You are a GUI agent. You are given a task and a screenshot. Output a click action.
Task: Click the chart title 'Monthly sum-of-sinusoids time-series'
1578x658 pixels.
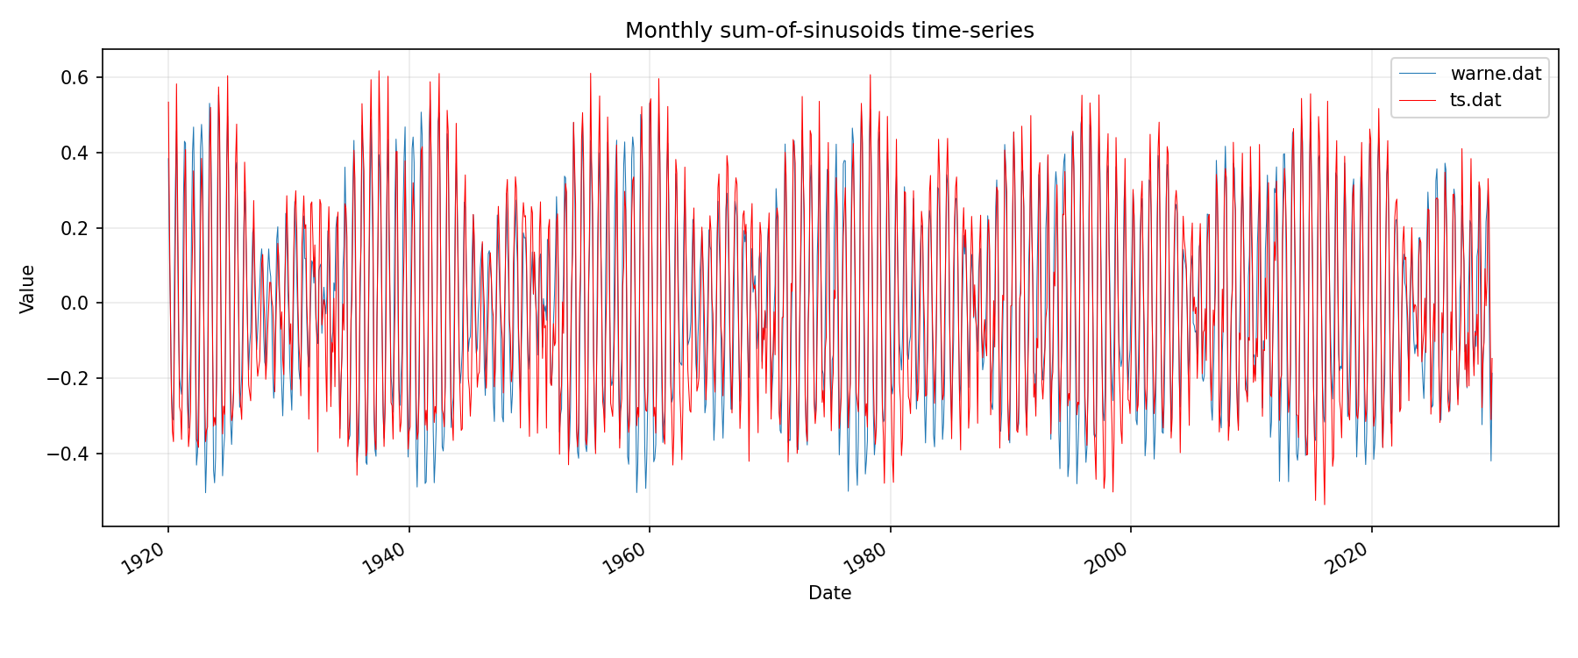[x=829, y=31]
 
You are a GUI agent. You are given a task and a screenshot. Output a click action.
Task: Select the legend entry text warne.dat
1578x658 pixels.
[x=1496, y=74]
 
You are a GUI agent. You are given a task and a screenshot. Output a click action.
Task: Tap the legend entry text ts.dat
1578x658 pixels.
[x=1475, y=100]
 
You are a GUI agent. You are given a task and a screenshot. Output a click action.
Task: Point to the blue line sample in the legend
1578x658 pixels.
[x=1418, y=74]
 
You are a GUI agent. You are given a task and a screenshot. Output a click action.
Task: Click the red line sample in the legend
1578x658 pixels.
[x=1418, y=100]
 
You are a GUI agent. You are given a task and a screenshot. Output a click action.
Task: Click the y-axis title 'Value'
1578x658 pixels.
[x=28, y=289]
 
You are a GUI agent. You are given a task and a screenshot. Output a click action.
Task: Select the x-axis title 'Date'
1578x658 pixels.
[x=829, y=593]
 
